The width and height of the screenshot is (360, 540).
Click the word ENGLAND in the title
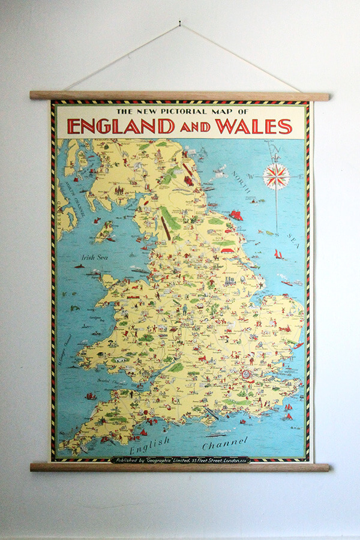(121, 127)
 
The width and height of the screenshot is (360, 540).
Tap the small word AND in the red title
(196, 127)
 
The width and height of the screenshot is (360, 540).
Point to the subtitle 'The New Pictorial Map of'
(181, 112)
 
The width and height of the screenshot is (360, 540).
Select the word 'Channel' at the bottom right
(224, 444)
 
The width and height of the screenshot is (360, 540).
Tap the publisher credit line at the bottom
(180, 460)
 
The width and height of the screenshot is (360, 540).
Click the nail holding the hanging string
(179, 25)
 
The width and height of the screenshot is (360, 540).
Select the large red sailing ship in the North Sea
(236, 215)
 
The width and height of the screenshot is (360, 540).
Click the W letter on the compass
(252, 176)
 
